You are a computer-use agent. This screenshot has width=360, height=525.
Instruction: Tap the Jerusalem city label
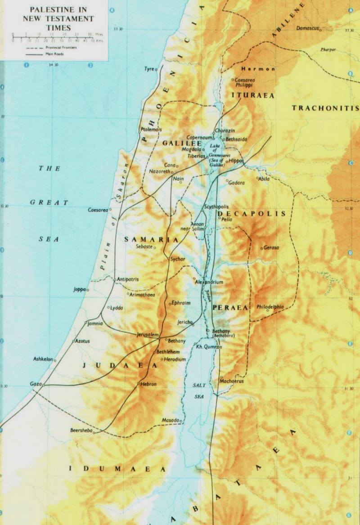pyautogui.click(x=148, y=335)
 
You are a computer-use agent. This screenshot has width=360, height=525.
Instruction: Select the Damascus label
pyautogui.click(x=307, y=28)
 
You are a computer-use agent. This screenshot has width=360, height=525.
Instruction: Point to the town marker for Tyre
pyautogui.click(x=156, y=69)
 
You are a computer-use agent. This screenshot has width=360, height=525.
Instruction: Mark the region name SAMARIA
pyautogui.click(x=151, y=239)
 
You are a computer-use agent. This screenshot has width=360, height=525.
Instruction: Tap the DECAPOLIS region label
pyautogui.click(x=251, y=214)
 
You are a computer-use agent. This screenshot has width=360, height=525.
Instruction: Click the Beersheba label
pyautogui.click(x=81, y=430)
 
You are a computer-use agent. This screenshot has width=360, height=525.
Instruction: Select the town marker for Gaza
pyautogui.click(x=43, y=385)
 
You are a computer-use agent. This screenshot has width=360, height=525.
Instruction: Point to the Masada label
pyautogui.click(x=171, y=420)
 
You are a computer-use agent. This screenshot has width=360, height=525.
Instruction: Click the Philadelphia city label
pyautogui.click(x=270, y=307)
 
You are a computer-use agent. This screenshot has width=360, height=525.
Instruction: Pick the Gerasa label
pyautogui.click(x=271, y=248)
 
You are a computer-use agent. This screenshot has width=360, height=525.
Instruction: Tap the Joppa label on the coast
pyautogui.click(x=80, y=290)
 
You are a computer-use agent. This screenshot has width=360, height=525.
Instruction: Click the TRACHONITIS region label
pyautogui.click(x=325, y=108)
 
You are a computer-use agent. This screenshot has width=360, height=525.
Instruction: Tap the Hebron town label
pyautogui.click(x=148, y=385)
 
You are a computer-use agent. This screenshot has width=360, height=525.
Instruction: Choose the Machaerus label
pyautogui.click(x=231, y=381)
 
